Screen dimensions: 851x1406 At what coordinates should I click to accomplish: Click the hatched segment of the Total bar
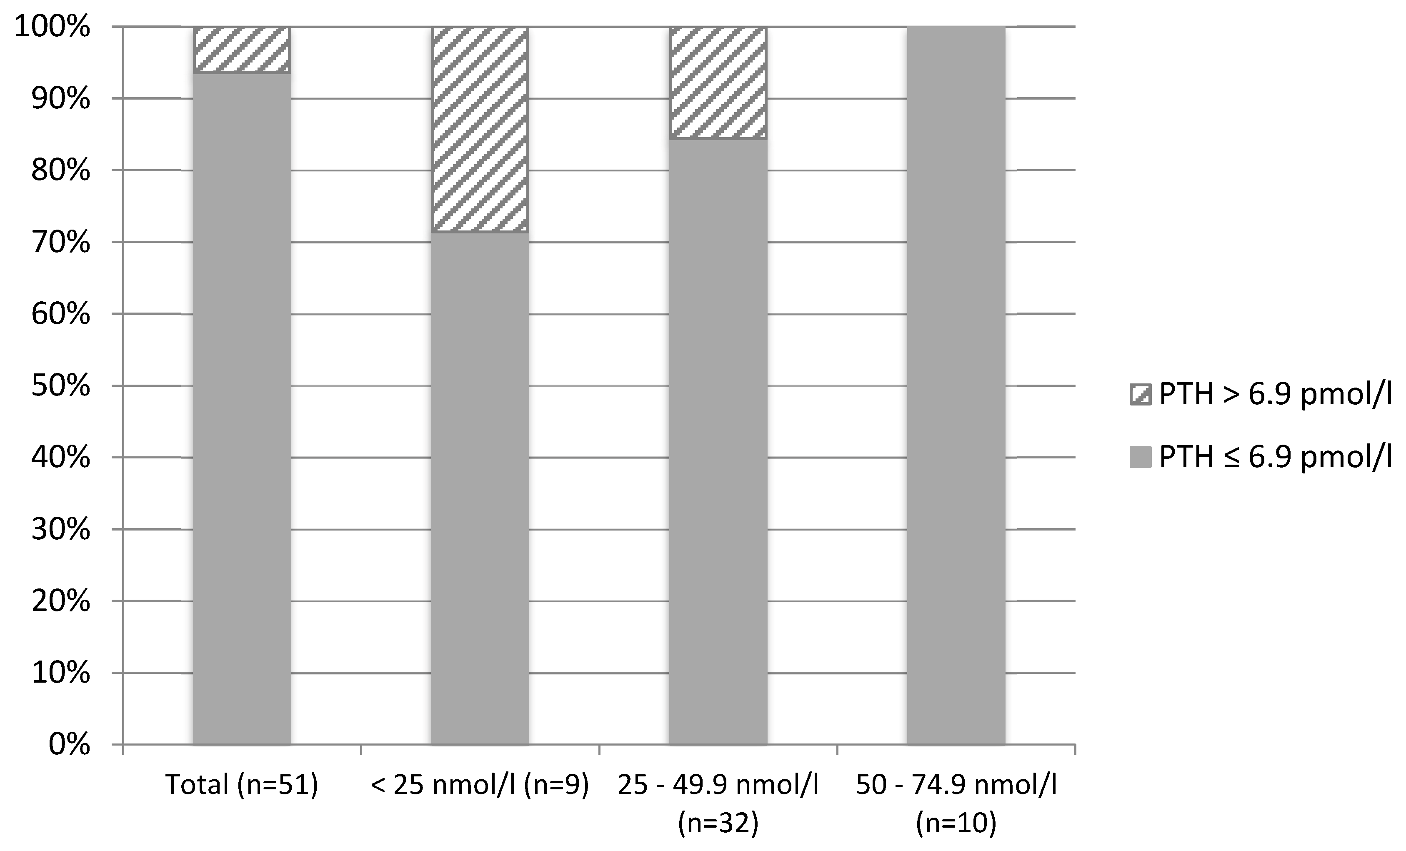(242, 50)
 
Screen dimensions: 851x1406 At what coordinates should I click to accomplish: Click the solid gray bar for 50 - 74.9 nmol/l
(956, 385)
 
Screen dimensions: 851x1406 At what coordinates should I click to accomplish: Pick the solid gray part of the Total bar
(242, 408)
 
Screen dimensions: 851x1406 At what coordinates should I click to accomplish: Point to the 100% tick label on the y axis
(52, 27)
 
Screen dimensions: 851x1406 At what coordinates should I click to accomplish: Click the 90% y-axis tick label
(60, 99)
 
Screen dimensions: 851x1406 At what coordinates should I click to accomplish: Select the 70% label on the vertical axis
(60, 243)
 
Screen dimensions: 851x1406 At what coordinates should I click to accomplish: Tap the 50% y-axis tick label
(60, 386)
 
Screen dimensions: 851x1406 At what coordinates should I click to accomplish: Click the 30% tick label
(60, 530)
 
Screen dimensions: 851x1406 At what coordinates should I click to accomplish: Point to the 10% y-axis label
(60, 673)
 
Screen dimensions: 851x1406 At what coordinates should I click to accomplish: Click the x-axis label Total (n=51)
(242, 785)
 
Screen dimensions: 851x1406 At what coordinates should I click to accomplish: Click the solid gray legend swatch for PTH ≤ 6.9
(1140, 457)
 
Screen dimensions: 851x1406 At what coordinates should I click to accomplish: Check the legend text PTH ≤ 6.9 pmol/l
(1275, 457)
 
